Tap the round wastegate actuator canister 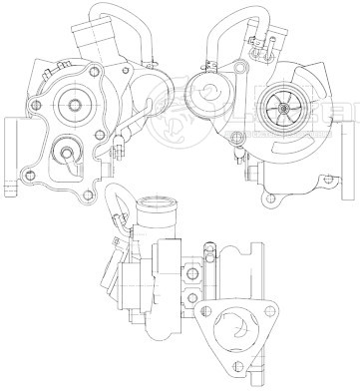[x=203, y=97]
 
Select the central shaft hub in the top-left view [x=75, y=101]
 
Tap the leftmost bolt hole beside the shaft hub [x=37, y=105]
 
